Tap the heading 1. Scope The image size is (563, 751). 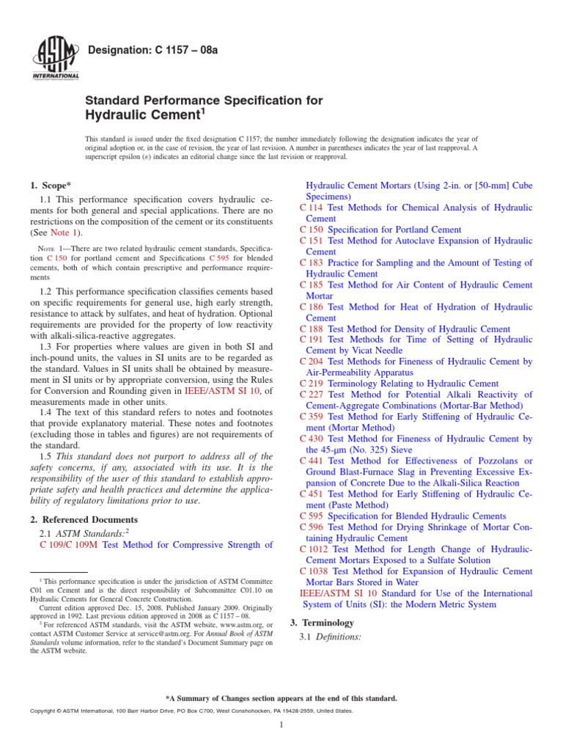[51, 186]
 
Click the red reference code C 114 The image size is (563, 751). [312, 208]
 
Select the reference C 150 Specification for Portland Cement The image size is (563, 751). [380, 230]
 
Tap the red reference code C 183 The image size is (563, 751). [312, 263]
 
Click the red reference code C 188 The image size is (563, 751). [312, 329]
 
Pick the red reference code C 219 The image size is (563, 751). [312, 384]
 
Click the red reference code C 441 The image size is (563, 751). [312, 460]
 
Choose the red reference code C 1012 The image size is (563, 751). [315, 549]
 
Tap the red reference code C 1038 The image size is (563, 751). [315, 571]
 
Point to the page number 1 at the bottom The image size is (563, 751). [281, 725]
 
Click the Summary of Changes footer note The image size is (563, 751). [281, 698]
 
